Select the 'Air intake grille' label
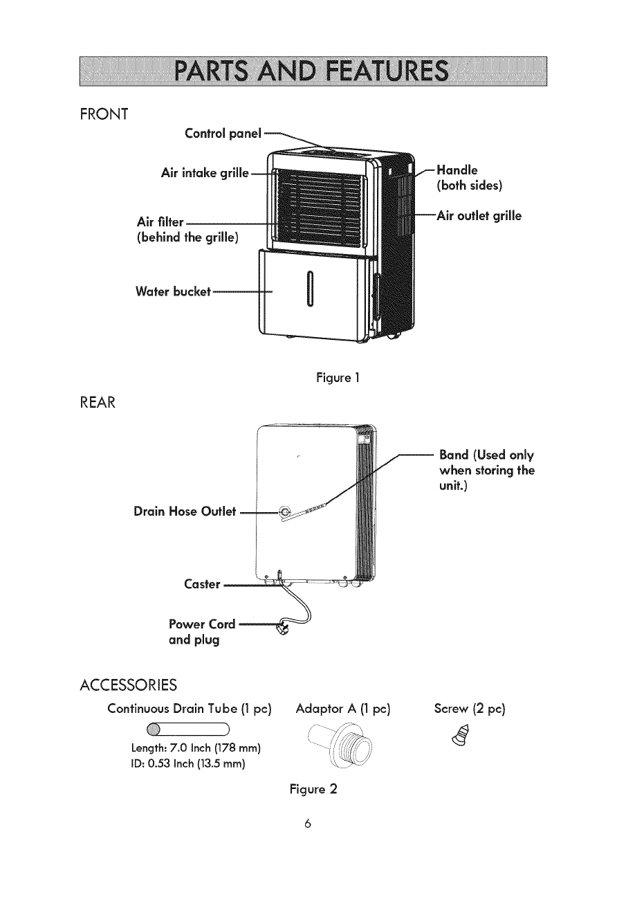(x=203, y=173)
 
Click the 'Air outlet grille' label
(x=478, y=215)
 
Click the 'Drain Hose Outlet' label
(x=185, y=512)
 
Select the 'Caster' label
(x=202, y=585)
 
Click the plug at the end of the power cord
(x=282, y=629)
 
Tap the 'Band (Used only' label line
(x=486, y=455)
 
